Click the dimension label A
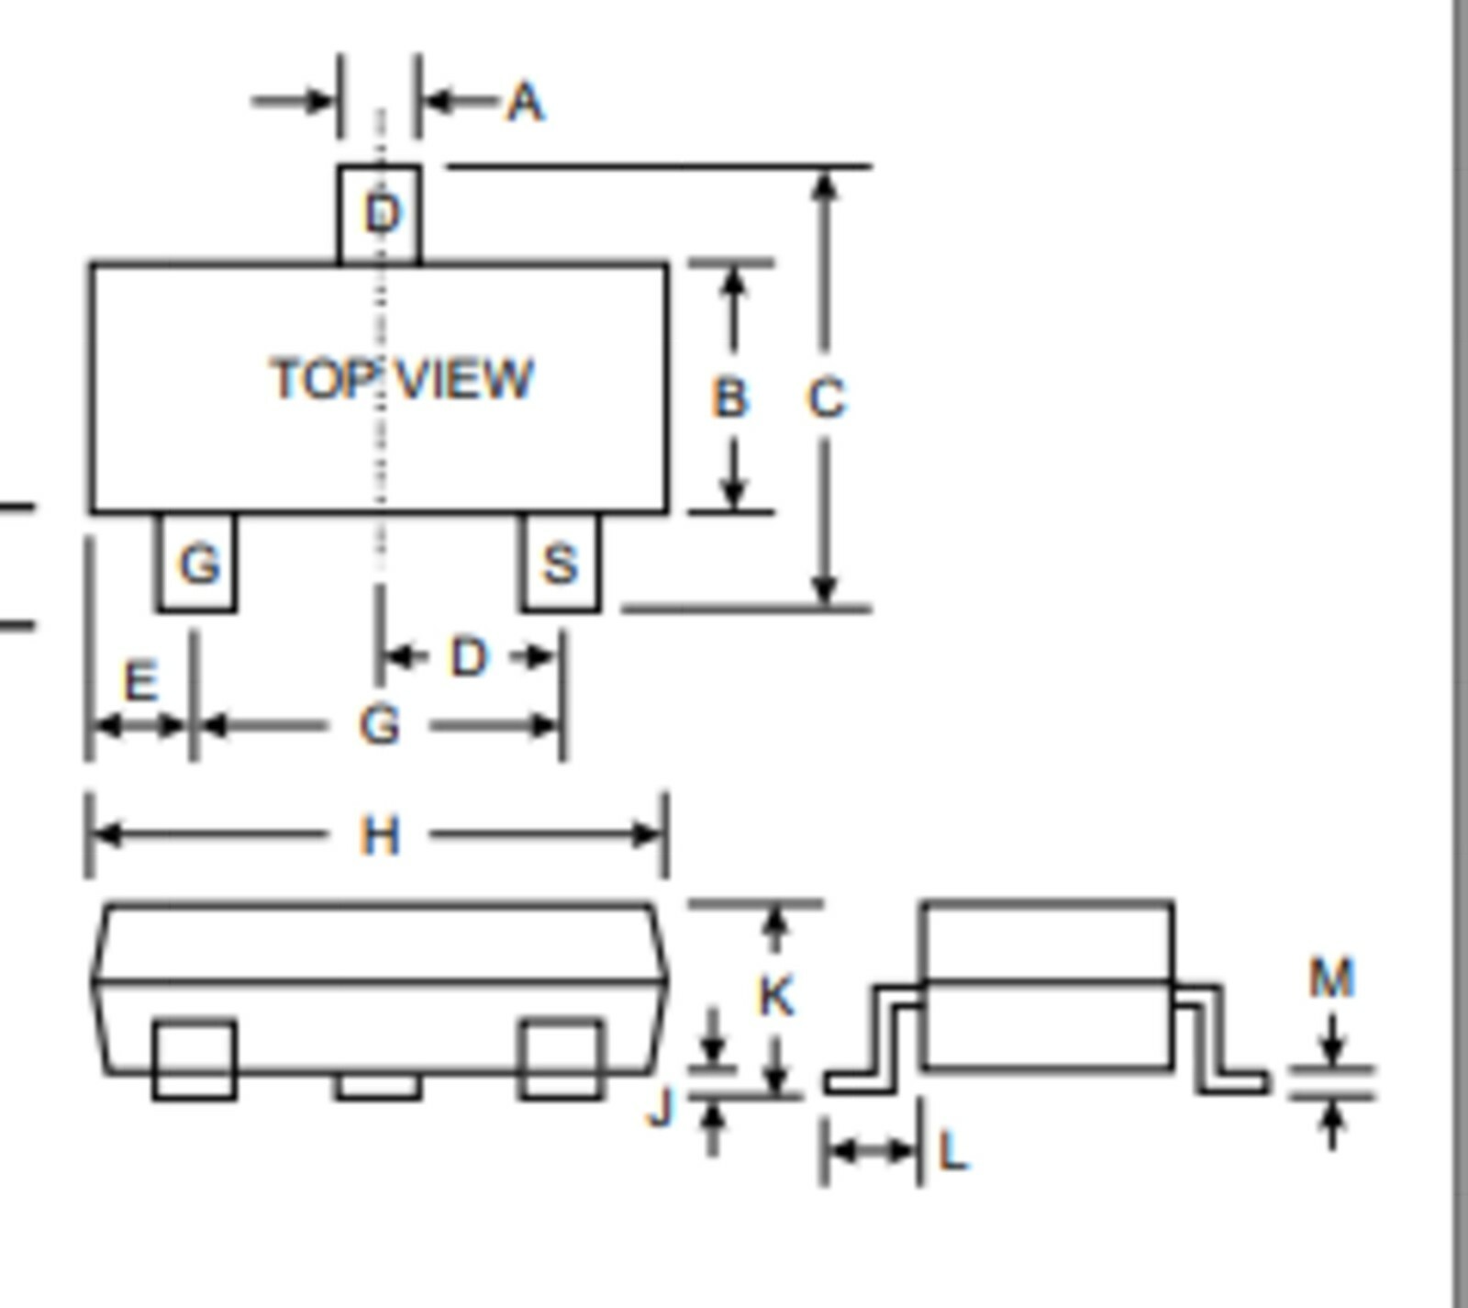pyautogui.click(x=526, y=102)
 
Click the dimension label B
pyautogui.click(x=730, y=398)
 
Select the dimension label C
pyautogui.click(x=826, y=399)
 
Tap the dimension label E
pyautogui.click(x=140, y=682)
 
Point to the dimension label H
pyautogui.click(x=380, y=836)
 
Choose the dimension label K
pyautogui.click(x=776, y=996)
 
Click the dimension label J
pyautogui.click(x=661, y=1107)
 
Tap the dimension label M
pyautogui.click(x=1332, y=978)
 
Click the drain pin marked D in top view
pyautogui.click(x=380, y=216)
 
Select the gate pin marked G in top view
pyautogui.click(x=197, y=562)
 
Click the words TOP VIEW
pyautogui.click(x=402, y=378)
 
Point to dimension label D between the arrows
pyautogui.click(x=469, y=658)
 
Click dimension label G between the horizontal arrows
pyautogui.click(x=379, y=726)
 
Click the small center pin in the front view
pyautogui.click(x=379, y=1086)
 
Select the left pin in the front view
pyautogui.click(x=195, y=1058)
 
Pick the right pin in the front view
pyautogui.click(x=562, y=1058)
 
